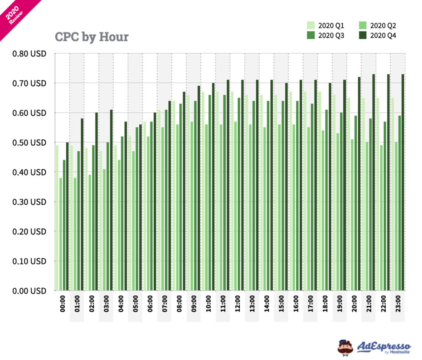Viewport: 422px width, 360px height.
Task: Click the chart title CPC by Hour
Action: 91,37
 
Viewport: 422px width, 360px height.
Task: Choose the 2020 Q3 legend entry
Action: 326,35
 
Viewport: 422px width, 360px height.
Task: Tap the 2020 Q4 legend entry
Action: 377,35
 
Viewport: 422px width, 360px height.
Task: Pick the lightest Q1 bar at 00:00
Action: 57,218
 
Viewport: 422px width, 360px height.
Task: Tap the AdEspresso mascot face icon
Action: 345,347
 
